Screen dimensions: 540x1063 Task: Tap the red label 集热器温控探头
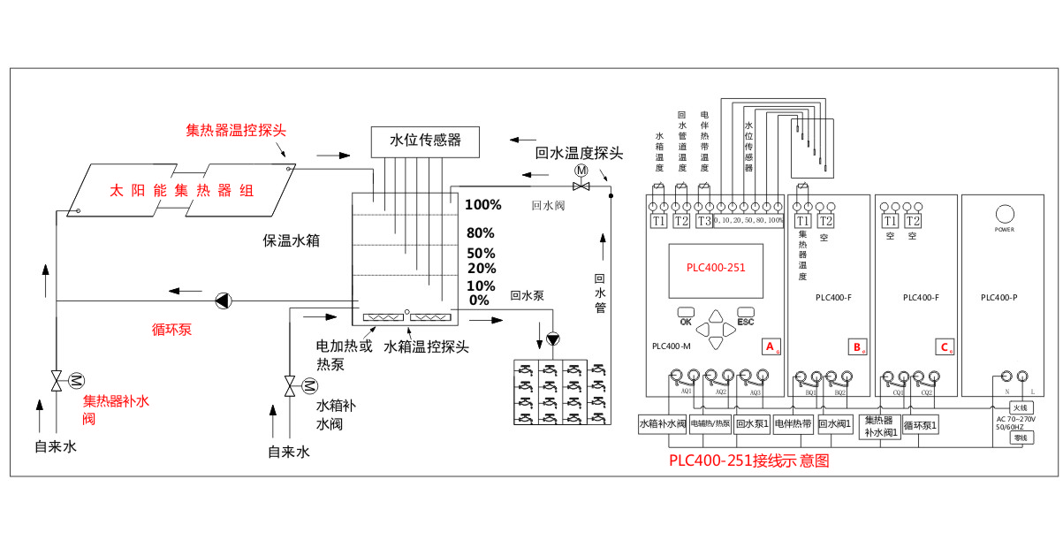[236, 130]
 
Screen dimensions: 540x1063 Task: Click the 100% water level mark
[483, 205]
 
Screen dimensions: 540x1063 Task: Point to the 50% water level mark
[481, 254]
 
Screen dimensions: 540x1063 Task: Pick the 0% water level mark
[479, 300]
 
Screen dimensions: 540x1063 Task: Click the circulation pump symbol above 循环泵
[223, 300]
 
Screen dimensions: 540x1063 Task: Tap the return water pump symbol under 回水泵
[553, 338]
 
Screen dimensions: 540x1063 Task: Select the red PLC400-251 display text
[717, 268]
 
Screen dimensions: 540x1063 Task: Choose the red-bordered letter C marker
[944, 346]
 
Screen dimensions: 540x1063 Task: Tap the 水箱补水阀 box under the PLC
[662, 423]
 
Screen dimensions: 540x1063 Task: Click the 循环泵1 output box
[920, 423]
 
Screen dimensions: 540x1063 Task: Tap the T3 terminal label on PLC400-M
[704, 221]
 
